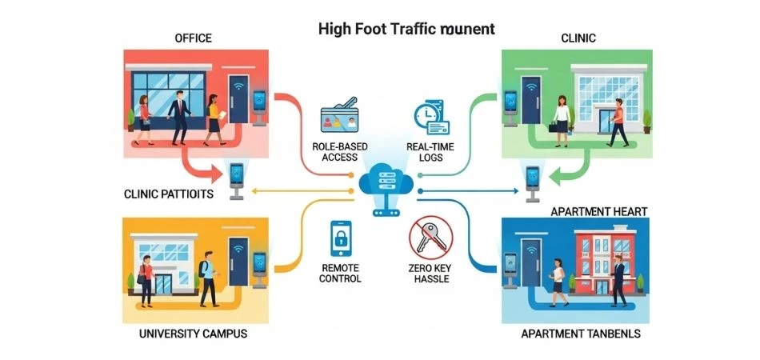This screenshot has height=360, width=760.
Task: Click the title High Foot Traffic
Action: (406, 30)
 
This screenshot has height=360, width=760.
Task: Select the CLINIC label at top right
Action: (578, 38)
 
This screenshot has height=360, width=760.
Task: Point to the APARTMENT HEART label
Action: (599, 211)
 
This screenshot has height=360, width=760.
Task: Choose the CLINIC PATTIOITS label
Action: (169, 194)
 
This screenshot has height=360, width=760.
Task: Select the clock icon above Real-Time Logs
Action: (430, 117)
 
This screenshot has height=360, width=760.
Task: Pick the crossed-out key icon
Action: (430, 238)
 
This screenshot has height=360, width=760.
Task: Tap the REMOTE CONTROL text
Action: (340, 273)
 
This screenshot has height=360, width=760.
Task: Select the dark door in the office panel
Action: (238, 104)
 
